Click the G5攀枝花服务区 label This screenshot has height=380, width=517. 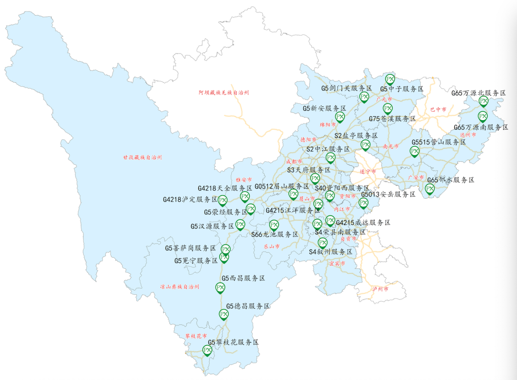[233, 343]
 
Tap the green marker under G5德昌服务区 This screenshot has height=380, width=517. [224, 314]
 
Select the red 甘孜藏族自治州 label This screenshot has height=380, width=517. [142, 157]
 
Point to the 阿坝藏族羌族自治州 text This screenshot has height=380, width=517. [224, 92]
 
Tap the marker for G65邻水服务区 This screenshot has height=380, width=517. [430, 189]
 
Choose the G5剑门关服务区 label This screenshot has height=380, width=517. [347, 89]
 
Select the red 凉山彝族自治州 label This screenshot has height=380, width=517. [180, 287]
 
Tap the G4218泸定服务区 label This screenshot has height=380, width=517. [190, 199]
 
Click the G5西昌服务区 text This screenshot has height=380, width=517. [243, 278]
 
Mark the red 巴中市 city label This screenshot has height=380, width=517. [438, 110]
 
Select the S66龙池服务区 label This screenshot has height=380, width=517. [275, 235]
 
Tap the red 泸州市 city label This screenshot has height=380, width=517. [380, 289]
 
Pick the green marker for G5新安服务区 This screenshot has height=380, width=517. [340, 117]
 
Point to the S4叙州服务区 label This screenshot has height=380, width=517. [330, 252]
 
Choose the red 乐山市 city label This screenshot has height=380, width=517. [271, 246]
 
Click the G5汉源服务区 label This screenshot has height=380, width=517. [212, 226]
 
